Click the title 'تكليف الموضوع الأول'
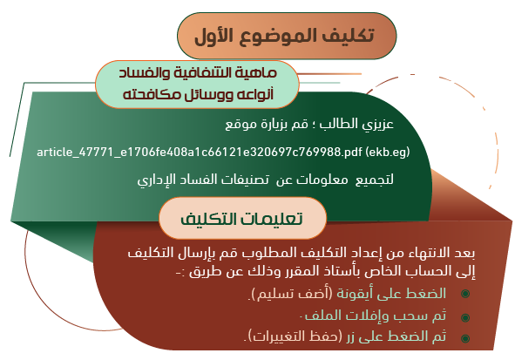point(284,36)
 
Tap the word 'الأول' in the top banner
point(214,36)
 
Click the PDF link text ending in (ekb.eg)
point(223,152)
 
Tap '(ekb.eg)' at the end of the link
point(388,152)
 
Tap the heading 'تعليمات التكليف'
point(241,219)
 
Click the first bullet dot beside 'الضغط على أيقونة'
point(465,294)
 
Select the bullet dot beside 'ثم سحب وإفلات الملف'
point(465,317)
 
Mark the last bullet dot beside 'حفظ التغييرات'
point(465,338)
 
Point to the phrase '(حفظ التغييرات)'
point(293,336)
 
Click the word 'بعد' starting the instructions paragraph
point(465,253)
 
